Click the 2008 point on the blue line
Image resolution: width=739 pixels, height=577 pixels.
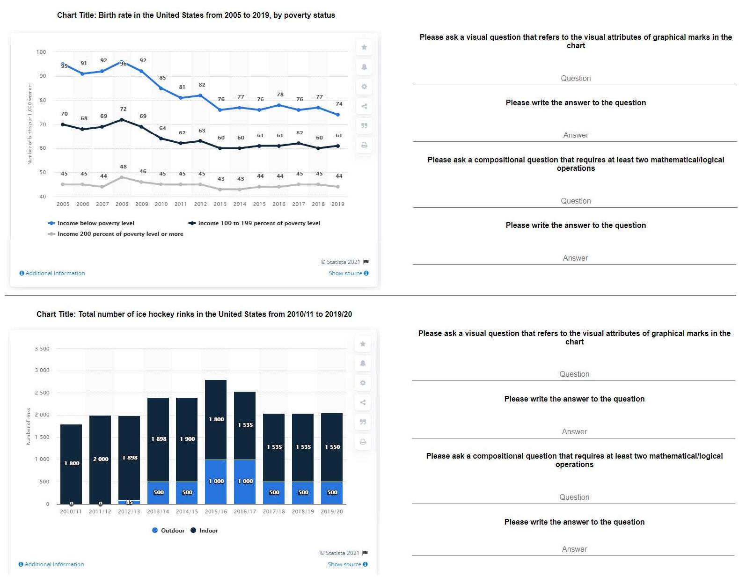(x=122, y=62)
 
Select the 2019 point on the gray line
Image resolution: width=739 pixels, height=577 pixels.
(x=338, y=187)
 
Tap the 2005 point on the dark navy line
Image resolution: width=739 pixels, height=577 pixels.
(x=63, y=124)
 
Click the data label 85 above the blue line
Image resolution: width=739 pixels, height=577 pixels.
(x=162, y=78)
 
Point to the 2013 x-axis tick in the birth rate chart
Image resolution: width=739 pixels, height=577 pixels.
(x=220, y=204)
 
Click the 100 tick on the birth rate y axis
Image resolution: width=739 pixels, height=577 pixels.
(x=41, y=52)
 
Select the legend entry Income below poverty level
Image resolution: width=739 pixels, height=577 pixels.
(x=95, y=223)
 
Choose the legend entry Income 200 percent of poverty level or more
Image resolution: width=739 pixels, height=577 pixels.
(x=120, y=234)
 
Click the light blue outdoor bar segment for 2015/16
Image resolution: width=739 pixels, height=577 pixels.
(x=216, y=482)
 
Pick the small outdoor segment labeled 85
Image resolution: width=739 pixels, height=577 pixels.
(x=129, y=502)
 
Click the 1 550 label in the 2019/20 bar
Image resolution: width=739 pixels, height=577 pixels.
(x=332, y=447)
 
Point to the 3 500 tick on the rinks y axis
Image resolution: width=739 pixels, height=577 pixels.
(x=42, y=349)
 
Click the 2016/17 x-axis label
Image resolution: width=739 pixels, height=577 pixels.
(x=245, y=511)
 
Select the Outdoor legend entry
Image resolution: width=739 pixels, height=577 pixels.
(x=168, y=531)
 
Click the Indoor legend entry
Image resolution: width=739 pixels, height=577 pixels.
(x=205, y=531)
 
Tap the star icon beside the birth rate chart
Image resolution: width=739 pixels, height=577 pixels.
(x=364, y=47)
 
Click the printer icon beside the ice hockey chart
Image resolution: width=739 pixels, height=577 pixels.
(x=363, y=442)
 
